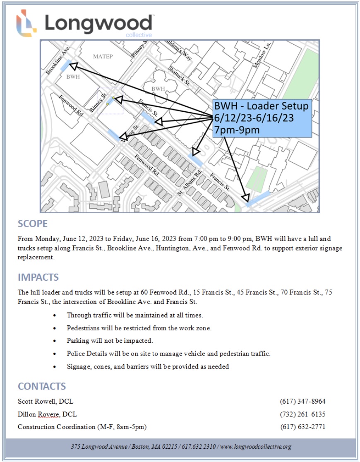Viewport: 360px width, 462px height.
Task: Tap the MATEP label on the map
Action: click(103, 56)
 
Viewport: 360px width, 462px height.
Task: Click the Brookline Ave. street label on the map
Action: click(58, 60)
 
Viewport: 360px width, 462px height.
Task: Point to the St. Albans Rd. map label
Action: click(189, 183)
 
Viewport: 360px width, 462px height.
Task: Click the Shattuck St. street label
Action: click(179, 76)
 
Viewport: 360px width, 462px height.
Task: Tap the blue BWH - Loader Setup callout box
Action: click(262, 118)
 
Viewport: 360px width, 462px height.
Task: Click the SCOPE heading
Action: click(33, 224)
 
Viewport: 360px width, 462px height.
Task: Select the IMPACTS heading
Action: click(38, 277)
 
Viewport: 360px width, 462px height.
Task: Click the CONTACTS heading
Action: click(42, 386)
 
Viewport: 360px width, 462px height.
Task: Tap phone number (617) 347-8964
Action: click(302, 401)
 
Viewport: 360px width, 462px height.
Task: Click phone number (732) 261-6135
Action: click(302, 414)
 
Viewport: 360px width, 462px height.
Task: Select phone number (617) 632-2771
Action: click(302, 427)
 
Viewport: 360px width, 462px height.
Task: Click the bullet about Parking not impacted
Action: click(110, 341)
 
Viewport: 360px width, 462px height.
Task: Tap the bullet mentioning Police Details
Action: click(168, 354)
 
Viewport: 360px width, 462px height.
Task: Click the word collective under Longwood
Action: click(139, 35)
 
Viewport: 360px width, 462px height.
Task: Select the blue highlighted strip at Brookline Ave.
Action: click(66, 65)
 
